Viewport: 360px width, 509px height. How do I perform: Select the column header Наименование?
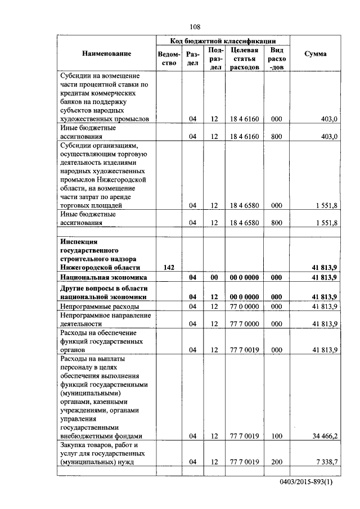click(106, 53)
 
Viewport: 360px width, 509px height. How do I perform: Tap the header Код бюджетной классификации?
click(223, 41)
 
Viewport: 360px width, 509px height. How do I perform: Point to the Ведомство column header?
click(169, 58)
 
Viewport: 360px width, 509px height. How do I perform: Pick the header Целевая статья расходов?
click(244, 58)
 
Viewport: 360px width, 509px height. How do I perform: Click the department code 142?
click(169, 267)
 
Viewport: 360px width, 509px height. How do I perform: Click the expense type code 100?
click(276, 436)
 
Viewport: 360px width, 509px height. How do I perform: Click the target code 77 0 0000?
click(244, 307)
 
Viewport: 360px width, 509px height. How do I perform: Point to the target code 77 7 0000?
click(244, 324)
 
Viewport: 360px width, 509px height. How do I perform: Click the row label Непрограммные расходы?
click(100, 307)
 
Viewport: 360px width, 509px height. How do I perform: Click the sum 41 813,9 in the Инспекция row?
click(321, 267)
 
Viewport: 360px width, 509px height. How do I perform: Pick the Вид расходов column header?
click(276, 58)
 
